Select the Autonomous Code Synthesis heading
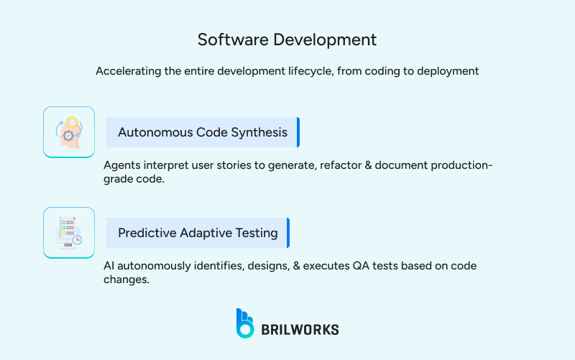click(202, 132)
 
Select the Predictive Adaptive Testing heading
click(198, 233)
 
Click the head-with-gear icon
click(69, 132)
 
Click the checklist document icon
click(69, 233)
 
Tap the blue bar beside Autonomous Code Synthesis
click(298, 132)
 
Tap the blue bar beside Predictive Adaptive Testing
click(287, 233)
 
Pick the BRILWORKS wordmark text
click(300, 330)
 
